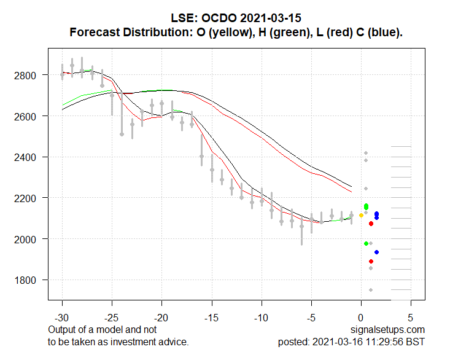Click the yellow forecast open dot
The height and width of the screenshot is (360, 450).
(x=361, y=215)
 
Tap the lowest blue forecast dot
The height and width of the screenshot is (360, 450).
(x=376, y=252)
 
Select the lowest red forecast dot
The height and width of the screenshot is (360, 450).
(x=371, y=261)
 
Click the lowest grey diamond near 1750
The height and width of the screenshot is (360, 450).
(x=371, y=290)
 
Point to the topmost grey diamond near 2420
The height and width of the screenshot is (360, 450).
(x=366, y=153)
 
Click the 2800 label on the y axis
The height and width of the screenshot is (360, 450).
(x=31, y=75)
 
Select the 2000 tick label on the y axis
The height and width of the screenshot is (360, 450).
(x=31, y=239)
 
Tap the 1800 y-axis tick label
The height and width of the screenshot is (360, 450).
(x=31, y=280)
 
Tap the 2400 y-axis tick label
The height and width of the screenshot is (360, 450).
(x=31, y=157)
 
